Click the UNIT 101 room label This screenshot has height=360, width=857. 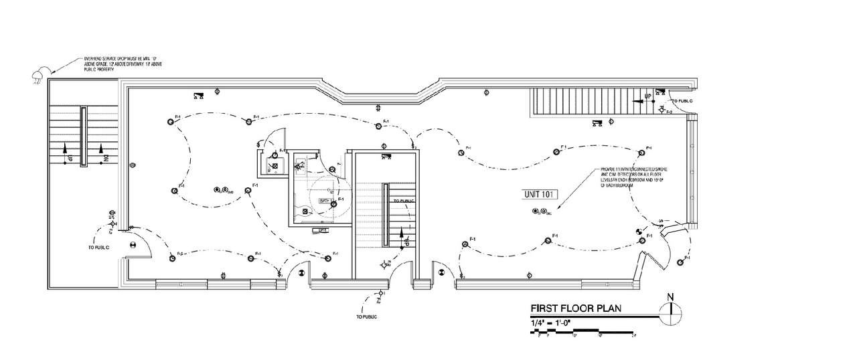(x=537, y=194)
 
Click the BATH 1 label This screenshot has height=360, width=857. (x=326, y=200)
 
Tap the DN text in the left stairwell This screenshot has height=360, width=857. (x=106, y=159)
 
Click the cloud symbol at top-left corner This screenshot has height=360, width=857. (x=40, y=74)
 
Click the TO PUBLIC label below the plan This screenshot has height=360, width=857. (x=368, y=316)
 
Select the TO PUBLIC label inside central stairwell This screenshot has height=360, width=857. (x=404, y=200)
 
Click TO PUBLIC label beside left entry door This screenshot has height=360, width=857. (x=98, y=247)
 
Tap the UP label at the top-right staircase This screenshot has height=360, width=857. (x=648, y=96)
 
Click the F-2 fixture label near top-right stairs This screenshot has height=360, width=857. (x=668, y=111)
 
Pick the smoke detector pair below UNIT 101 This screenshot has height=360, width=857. (x=540, y=212)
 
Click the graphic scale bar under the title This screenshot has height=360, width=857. (x=582, y=331)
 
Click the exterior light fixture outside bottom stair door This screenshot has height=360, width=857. (x=381, y=293)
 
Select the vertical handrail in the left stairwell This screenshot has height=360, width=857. (x=83, y=137)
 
